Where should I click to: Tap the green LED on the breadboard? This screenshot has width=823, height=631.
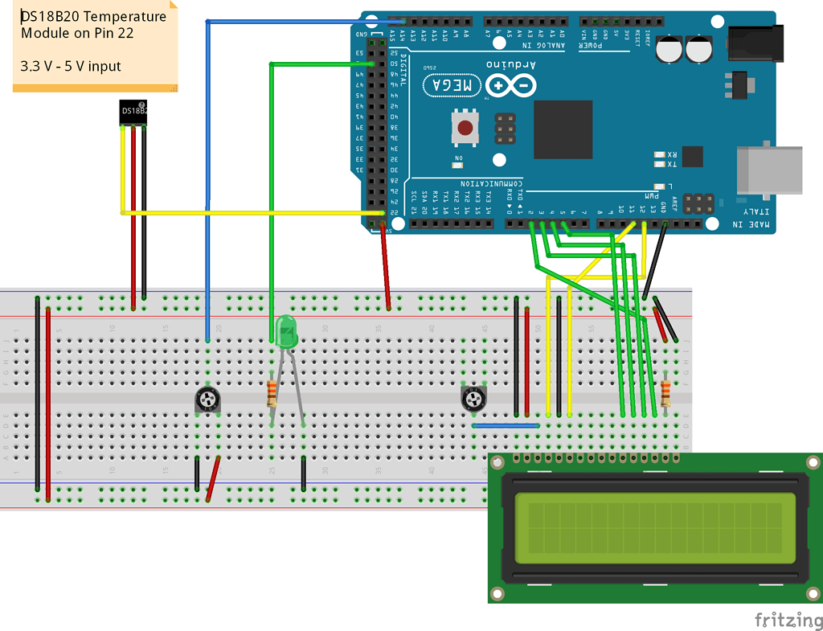point(286,332)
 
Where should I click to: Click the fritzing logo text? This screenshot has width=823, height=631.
point(788,619)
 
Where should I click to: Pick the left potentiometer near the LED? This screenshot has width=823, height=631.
point(207,399)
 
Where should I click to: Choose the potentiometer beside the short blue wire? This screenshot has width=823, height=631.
point(474,398)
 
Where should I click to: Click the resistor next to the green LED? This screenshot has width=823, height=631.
point(272,393)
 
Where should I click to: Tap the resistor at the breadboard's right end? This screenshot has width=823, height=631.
point(665,393)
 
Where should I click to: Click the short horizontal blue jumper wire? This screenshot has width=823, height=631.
point(506,425)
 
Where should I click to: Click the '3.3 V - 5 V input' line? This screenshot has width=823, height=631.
point(71,65)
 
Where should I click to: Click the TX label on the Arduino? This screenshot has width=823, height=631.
point(672,165)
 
